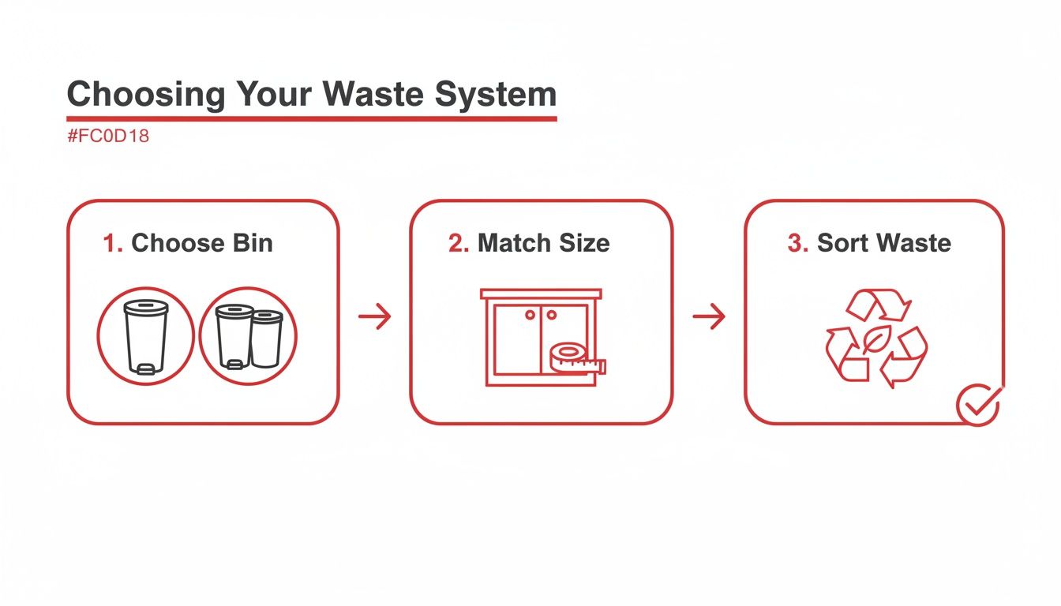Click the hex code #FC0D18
108,136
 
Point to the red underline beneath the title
312,118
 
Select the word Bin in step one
252,243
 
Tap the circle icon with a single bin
145,336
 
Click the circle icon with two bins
248,336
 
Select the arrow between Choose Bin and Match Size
375,317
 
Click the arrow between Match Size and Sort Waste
709,317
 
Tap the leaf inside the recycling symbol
875,339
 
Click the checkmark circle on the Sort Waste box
979,405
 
